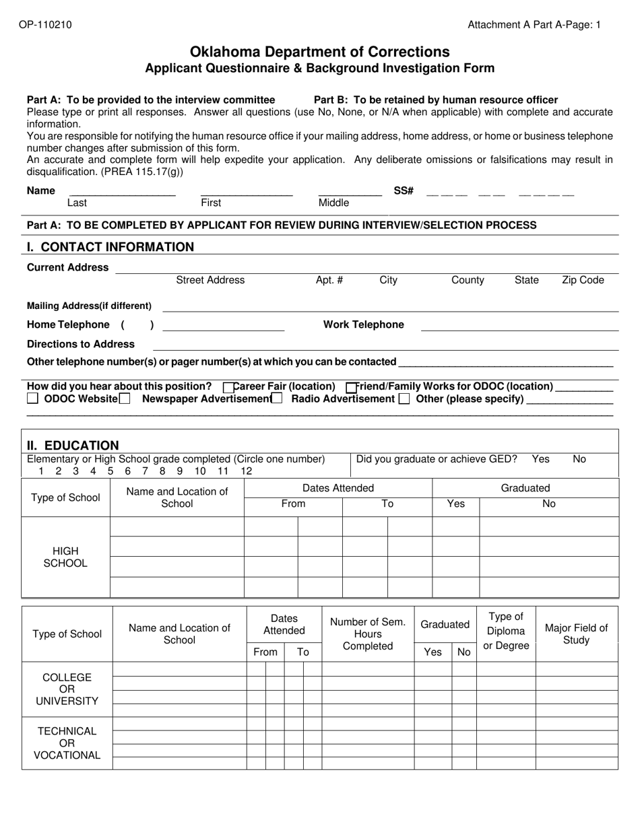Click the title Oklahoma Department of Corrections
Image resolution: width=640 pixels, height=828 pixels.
coord(320,52)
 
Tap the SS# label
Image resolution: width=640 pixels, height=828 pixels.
coord(403,191)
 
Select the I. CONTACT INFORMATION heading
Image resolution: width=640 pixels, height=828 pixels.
coord(110,247)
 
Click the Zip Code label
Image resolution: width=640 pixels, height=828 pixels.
coord(583,280)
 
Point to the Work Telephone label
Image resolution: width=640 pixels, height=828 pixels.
coord(364,324)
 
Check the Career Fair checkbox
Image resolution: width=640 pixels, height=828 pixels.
coord(228,387)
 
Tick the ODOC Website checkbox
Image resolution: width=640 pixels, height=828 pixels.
coord(33,399)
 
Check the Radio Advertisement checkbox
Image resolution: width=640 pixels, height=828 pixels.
coord(277,399)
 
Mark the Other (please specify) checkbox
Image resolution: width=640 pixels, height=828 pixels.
coord(404,399)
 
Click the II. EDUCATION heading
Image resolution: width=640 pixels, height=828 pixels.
coord(73,445)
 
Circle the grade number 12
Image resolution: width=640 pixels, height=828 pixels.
coord(246,471)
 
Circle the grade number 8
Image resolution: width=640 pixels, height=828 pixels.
coord(162,471)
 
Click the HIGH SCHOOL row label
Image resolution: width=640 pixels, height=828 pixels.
coord(65,557)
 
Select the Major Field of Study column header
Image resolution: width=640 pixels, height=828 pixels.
coord(576,634)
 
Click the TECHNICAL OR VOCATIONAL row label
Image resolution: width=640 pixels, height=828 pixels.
coord(67,743)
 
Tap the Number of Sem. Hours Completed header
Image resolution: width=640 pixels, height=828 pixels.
coord(368,634)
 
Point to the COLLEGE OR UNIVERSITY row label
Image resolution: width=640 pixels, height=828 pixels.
coord(67,689)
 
